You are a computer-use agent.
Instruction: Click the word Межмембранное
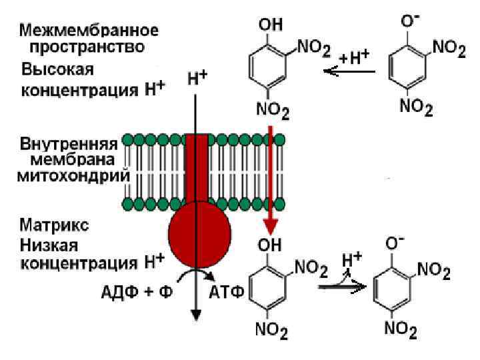coord(89,31)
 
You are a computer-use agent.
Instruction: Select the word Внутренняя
coord(69,143)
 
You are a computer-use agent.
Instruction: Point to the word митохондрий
coord(76,176)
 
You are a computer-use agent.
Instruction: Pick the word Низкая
coord(50,242)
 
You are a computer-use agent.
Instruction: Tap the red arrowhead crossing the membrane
coord(271,222)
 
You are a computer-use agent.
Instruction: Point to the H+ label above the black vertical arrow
coord(196,78)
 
